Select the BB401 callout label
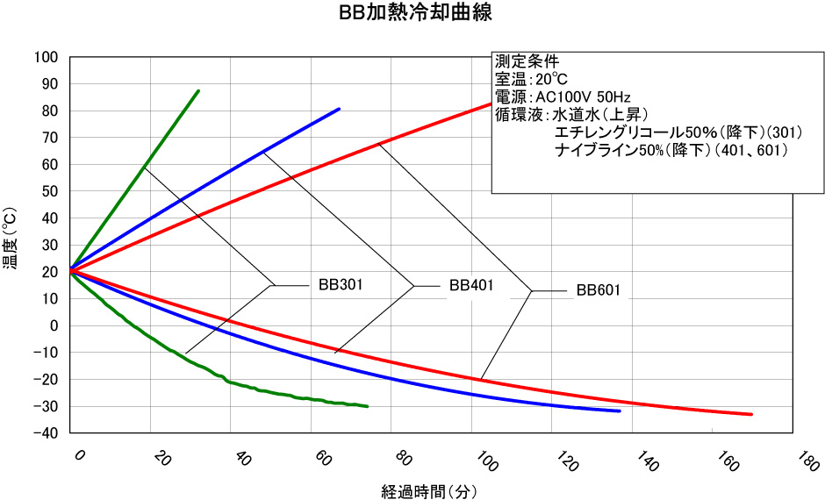coord(471,285)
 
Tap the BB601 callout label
coord(599,290)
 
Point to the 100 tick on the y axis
coord(46,58)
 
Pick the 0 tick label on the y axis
coord(54,326)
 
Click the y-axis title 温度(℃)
coord(12,246)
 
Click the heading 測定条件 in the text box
coord(527,61)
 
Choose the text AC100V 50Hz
coord(583,96)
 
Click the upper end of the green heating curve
coord(198,90)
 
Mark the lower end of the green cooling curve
coord(367,407)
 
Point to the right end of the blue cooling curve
coord(620,411)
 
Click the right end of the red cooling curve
coord(751,414)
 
